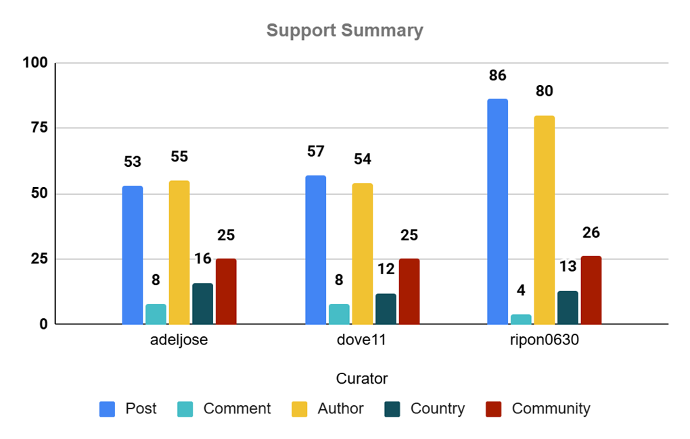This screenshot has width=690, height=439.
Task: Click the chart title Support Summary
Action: [x=344, y=30]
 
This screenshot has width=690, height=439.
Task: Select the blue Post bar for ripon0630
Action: [x=497, y=211]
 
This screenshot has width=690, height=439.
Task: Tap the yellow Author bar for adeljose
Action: [x=179, y=253]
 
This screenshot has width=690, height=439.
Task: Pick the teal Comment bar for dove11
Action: [x=339, y=314]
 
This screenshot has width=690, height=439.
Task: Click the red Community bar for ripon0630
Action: [x=591, y=290]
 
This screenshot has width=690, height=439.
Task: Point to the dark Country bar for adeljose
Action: [x=202, y=304]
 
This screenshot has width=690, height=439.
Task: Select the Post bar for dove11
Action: [x=315, y=250]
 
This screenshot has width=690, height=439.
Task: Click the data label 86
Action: [x=497, y=76]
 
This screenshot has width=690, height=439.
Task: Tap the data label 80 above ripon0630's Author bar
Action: [x=544, y=91]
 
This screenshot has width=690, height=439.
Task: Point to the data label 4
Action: [x=521, y=290]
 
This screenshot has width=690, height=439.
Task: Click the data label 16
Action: [x=202, y=259]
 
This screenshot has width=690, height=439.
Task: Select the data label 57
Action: [x=315, y=152]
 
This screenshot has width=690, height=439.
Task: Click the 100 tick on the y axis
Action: [x=34, y=63]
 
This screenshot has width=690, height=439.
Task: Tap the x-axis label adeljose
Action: [x=179, y=340]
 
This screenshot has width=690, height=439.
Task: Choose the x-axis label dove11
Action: [x=362, y=340]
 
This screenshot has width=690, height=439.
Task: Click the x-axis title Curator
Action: [x=362, y=378]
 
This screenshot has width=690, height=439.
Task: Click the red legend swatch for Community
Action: [x=494, y=409]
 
